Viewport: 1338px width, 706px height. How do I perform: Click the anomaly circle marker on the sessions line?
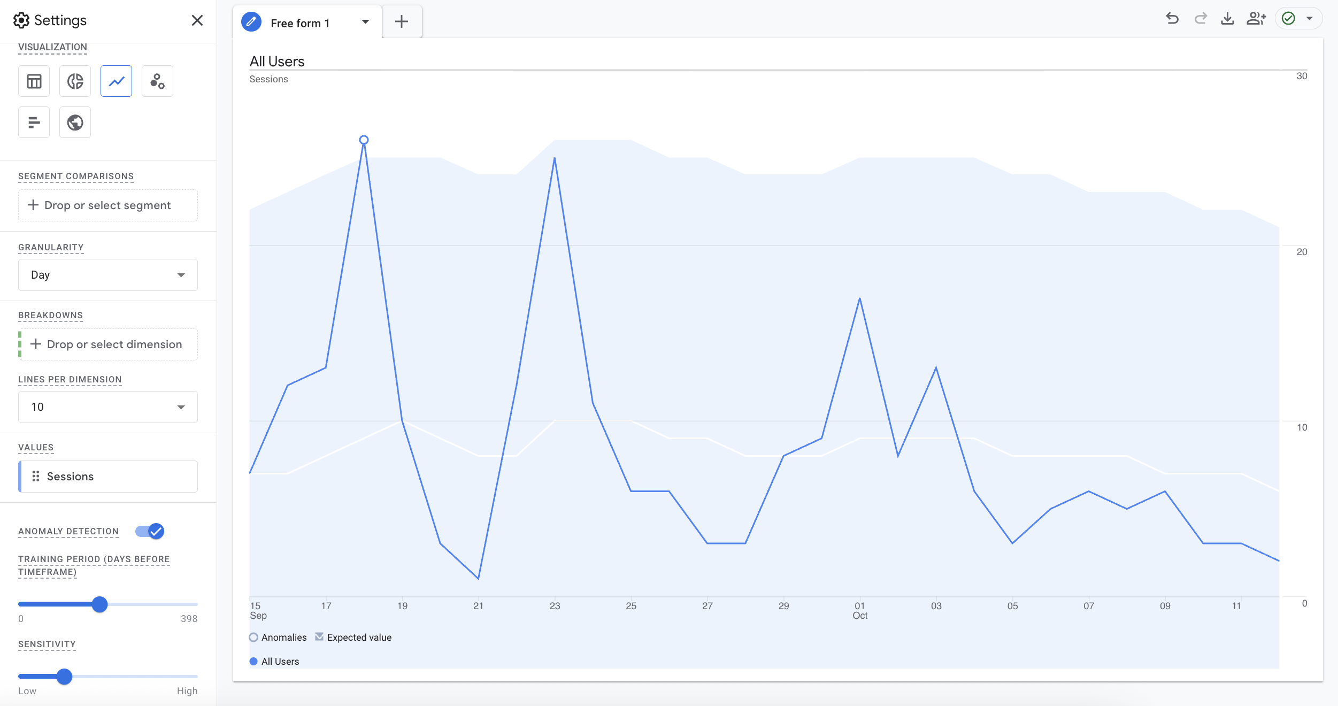[x=364, y=140]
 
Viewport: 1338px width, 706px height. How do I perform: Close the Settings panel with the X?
[x=197, y=20]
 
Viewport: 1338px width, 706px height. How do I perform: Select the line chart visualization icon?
[x=116, y=81]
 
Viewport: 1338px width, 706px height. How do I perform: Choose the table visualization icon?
[x=34, y=81]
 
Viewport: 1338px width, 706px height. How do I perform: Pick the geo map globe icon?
[x=75, y=122]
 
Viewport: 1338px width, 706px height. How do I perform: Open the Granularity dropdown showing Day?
[x=108, y=275]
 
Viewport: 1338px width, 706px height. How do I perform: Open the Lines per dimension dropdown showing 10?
[x=108, y=407]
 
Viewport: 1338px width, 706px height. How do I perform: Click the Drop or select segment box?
[x=108, y=205]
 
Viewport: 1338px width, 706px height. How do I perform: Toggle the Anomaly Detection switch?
[x=150, y=531]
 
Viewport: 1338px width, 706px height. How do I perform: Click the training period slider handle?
[x=99, y=604]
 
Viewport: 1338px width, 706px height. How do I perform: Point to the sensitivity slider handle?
[x=64, y=677]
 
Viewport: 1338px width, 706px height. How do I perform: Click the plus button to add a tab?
[x=402, y=21]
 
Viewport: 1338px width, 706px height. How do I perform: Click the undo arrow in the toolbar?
[x=1172, y=19]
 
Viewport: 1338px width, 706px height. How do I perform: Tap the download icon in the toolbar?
[x=1227, y=19]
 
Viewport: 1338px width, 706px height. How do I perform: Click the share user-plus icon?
[x=1256, y=19]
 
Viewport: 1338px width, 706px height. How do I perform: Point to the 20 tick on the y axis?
[x=1302, y=252]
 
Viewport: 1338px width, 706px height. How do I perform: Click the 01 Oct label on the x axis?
[x=860, y=610]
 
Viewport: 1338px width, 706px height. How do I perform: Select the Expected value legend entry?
[x=353, y=637]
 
